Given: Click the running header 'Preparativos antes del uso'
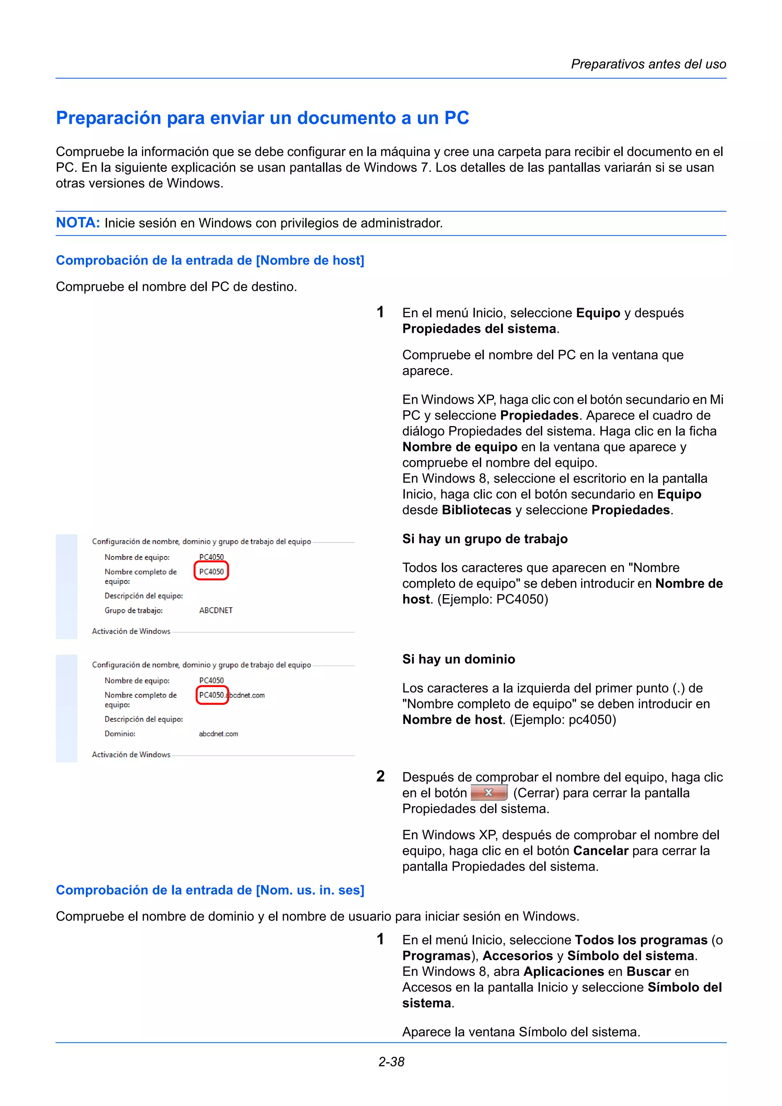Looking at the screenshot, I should click(648, 64).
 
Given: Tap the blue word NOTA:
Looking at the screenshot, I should click(78, 222).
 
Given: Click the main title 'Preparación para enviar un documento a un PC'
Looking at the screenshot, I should click(263, 118).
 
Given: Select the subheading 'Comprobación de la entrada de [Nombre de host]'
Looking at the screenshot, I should click(210, 260).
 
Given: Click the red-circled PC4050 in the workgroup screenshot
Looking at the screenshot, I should click(212, 571).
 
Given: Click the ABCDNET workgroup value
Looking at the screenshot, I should click(216, 610).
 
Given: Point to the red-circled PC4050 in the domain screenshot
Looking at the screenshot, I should click(212, 695).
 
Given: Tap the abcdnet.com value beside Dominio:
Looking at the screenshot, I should click(219, 734).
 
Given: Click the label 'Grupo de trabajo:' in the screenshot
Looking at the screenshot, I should click(134, 610).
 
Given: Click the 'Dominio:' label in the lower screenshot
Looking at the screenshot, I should click(120, 734).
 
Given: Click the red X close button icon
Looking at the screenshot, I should click(489, 792).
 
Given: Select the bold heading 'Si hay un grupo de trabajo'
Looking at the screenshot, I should click(485, 538).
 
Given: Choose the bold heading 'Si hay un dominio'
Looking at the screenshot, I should click(459, 659).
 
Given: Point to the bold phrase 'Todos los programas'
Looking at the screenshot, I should click(641, 940).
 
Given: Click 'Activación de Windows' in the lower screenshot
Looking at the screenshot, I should click(131, 755).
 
